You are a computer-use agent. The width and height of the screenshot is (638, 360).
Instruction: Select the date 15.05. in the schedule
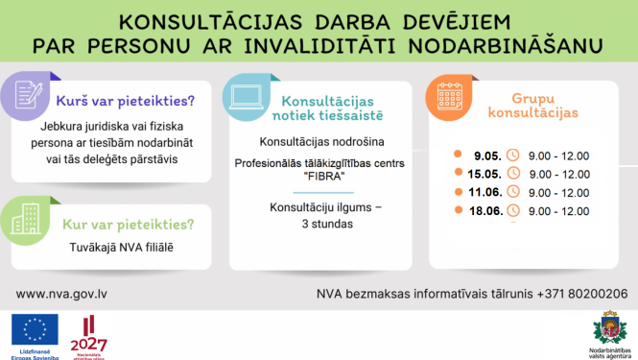click(484, 173)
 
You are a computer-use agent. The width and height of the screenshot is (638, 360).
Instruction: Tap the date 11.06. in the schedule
click(484, 191)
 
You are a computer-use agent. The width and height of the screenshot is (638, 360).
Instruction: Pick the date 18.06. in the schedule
click(484, 209)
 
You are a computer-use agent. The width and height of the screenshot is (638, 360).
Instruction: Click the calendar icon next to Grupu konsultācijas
click(450, 97)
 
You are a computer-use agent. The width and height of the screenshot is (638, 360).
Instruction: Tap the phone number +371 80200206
click(584, 294)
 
